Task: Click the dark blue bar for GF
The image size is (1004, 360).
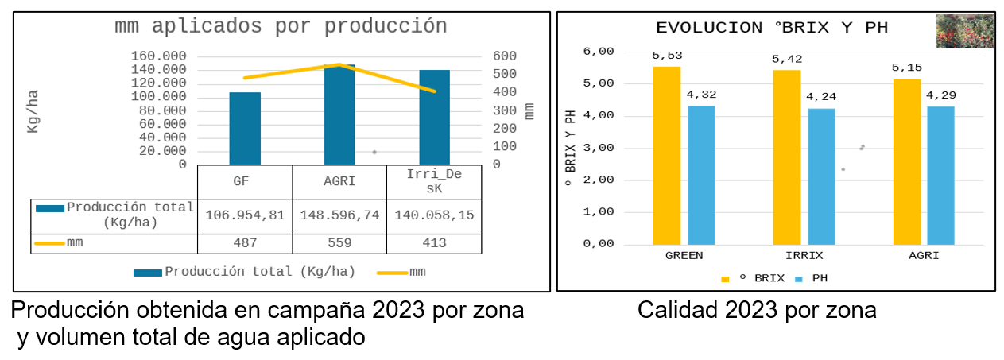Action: point(245,128)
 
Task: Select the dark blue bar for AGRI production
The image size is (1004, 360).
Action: point(339,115)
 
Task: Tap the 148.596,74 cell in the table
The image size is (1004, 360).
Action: point(339,215)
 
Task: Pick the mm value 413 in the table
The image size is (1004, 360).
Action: point(434,243)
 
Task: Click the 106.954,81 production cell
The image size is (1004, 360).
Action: point(245,215)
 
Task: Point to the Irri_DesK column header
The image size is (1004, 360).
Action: point(434,182)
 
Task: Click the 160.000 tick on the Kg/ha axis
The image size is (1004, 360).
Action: point(159,56)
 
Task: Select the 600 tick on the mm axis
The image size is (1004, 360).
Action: point(505,56)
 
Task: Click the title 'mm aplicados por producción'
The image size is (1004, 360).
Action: point(281,26)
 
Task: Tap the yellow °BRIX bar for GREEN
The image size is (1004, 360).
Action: point(667,155)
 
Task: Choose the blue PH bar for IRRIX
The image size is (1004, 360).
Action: point(821,176)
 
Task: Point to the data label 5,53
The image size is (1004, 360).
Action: point(667,56)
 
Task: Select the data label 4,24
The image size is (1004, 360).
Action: point(821,97)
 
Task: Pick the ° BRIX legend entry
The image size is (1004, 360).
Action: point(753,279)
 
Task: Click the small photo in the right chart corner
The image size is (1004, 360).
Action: point(964,31)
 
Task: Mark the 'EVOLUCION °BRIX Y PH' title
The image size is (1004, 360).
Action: point(771,28)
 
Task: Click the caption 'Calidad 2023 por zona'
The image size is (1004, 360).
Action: point(757,310)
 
